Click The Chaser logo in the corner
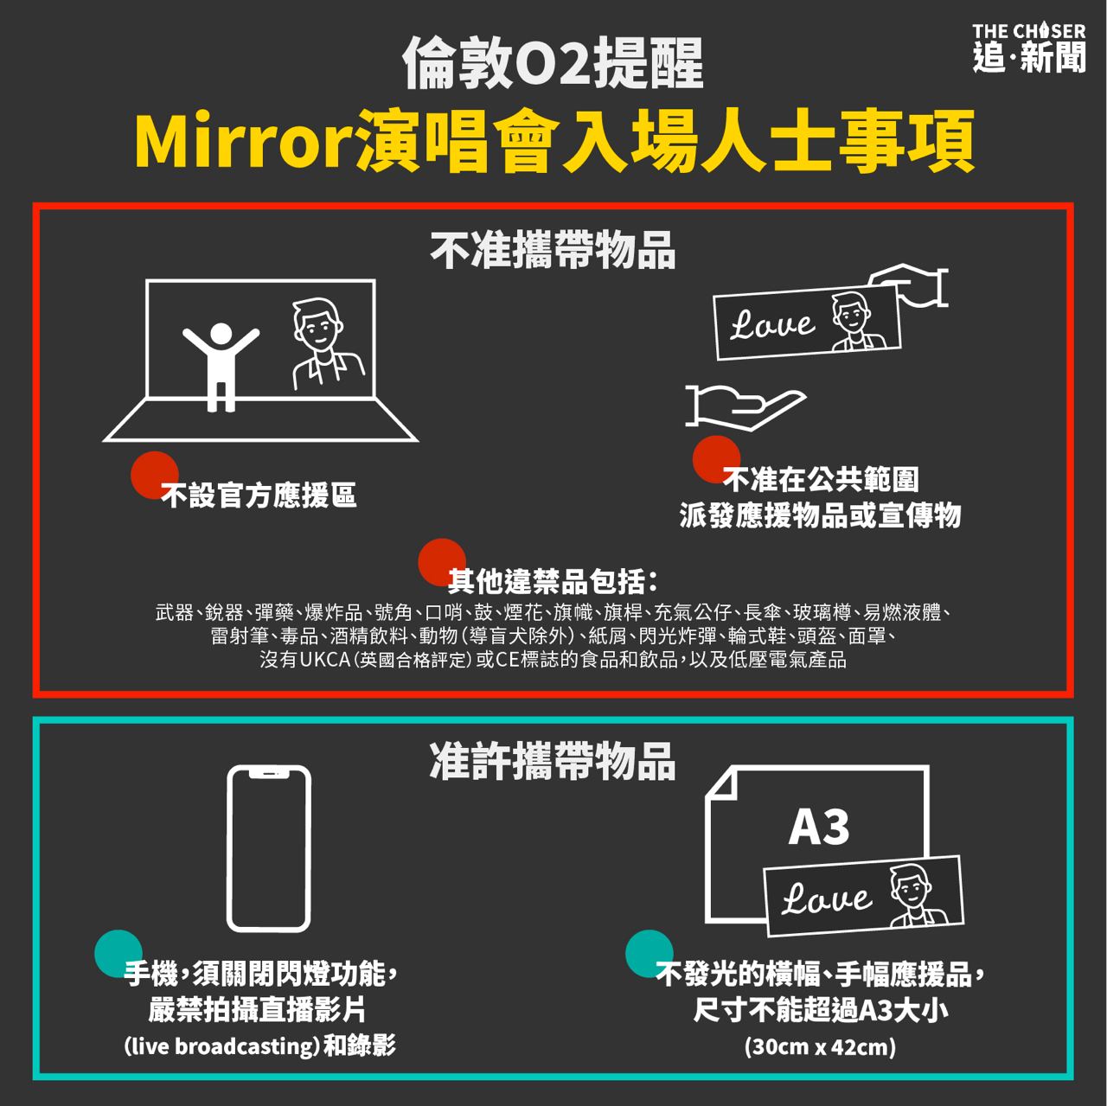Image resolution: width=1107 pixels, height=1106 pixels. tap(1028, 48)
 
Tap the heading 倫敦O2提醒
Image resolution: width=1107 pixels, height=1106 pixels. tap(553, 62)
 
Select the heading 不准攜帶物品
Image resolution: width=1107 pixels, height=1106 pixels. tap(553, 250)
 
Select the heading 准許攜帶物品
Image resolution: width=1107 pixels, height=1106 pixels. tap(553, 761)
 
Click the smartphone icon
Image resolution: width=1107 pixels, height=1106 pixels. tap(269, 848)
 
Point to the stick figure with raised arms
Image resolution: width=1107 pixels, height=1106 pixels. tap(221, 366)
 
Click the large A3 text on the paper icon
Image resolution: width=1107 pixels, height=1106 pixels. tap(818, 827)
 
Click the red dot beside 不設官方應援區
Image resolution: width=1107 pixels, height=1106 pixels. tap(154, 475)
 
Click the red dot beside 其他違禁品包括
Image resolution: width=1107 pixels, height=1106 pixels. tap(442, 562)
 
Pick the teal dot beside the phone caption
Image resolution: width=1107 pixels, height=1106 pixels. tap(118, 954)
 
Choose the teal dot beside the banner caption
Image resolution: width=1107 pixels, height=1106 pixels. tap(649, 954)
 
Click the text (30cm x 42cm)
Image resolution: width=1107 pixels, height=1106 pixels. tap(820, 1047)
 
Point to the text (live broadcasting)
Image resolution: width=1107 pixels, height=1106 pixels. tap(221, 1046)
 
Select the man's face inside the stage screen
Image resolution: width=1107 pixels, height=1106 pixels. tap(317, 323)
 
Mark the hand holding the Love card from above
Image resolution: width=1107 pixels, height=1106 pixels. tap(908, 285)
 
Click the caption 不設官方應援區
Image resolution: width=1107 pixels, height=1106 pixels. tap(259, 495)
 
